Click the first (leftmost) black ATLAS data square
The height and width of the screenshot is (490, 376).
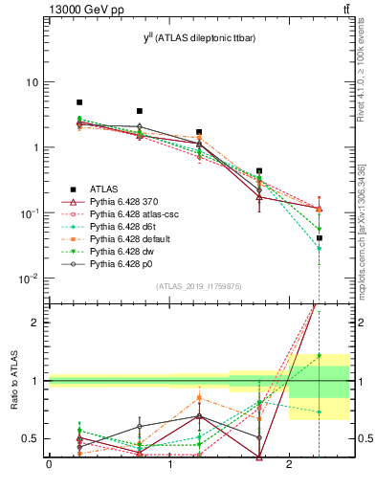coord(79,102)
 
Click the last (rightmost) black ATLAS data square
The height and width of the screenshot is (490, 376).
coord(320,238)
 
